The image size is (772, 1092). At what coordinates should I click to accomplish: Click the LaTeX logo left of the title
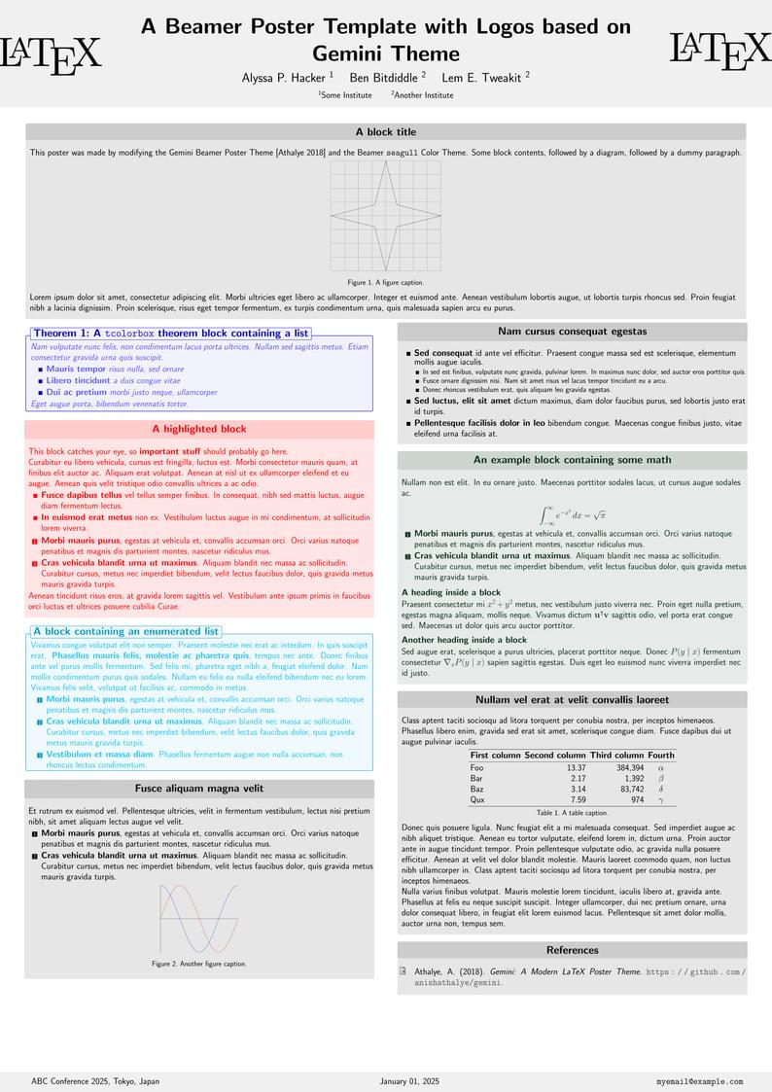[51, 54]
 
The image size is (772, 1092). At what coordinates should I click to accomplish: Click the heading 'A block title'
[385, 132]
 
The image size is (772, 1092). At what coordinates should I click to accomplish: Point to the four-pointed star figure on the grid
[386, 215]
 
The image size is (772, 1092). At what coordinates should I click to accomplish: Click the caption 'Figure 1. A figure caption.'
[385, 282]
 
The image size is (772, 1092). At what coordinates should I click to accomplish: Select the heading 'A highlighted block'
[199, 429]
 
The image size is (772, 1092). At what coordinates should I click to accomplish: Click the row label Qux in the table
[476, 799]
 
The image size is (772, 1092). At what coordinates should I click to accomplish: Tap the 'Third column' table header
[614, 755]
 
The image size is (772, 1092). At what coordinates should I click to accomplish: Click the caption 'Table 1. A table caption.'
[572, 812]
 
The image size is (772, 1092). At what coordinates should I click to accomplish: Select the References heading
[572, 950]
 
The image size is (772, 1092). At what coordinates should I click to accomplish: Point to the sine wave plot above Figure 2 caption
[199, 918]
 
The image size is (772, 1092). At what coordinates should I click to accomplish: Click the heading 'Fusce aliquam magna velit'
[199, 789]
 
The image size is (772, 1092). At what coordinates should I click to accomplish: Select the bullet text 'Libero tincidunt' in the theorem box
[78, 381]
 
